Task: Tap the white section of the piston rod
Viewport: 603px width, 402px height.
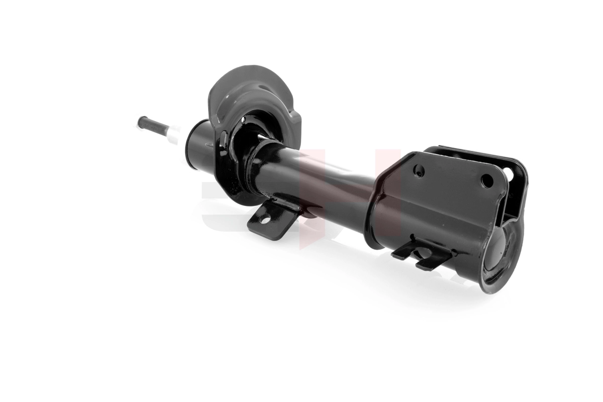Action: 173,134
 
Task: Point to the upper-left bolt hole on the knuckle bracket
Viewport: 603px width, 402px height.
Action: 419,171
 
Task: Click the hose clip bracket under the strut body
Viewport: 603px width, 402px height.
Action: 421,253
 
